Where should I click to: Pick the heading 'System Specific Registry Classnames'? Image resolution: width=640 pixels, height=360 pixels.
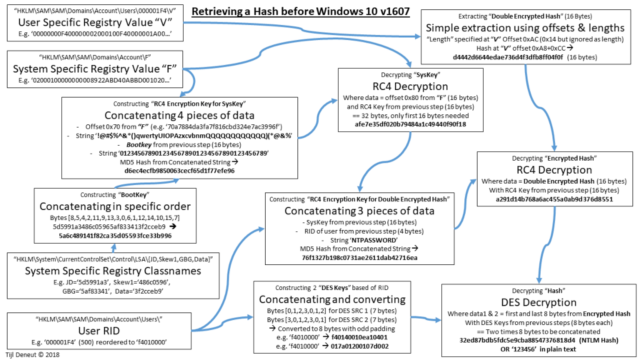[110, 271]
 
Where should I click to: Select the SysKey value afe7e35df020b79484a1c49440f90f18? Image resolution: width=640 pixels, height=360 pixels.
[411, 124]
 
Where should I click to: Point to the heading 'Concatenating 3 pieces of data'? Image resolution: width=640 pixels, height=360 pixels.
[361, 211]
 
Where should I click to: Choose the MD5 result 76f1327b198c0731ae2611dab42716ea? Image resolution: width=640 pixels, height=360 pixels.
[361, 257]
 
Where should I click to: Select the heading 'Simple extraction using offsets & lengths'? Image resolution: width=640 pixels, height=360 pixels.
[525, 27]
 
